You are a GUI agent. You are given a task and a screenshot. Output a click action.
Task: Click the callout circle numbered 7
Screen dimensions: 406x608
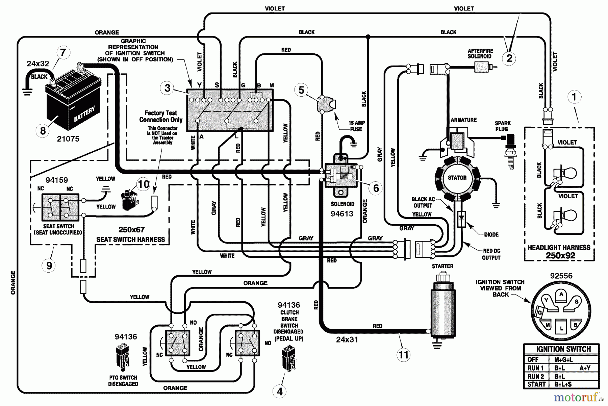click(x=63, y=53)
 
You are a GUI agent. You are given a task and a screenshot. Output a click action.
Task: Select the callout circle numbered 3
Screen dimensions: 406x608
click(x=168, y=88)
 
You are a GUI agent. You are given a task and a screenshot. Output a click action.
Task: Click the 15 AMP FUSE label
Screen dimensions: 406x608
click(x=356, y=126)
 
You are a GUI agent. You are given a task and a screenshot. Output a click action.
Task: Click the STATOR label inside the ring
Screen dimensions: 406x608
click(x=457, y=178)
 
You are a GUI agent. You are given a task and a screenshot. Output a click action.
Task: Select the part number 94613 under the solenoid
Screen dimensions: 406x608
click(x=342, y=214)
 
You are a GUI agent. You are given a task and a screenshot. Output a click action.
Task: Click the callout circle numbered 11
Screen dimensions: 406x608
click(x=404, y=355)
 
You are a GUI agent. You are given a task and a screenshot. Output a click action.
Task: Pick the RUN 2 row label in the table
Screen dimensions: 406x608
click(x=536, y=376)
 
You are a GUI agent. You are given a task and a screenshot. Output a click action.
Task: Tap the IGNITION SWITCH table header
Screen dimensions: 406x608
click(x=563, y=349)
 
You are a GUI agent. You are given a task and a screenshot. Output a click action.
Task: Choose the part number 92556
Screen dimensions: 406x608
click(x=561, y=276)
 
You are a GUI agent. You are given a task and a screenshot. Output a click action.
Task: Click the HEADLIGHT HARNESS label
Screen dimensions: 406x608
click(x=559, y=248)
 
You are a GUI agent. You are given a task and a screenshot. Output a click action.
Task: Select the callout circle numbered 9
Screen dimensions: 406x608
click(x=49, y=265)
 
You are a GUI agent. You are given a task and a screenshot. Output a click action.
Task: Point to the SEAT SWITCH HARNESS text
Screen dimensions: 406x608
click(x=131, y=239)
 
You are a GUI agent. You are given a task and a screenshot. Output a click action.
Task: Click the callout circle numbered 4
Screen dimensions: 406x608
click(x=280, y=391)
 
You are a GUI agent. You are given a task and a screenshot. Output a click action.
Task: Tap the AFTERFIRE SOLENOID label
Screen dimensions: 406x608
click(x=480, y=54)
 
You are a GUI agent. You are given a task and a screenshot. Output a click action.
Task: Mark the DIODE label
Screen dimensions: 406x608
click(x=491, y=234)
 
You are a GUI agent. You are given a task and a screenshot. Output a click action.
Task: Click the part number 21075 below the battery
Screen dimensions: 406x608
click(x=68, y=139)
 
